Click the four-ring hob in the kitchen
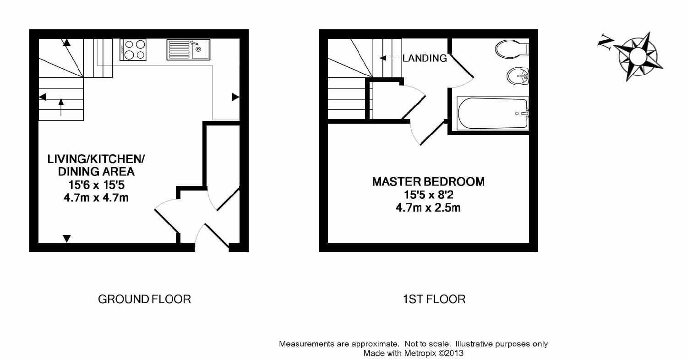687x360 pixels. [x=133, y=49]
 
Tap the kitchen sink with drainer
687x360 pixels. [x=188, y=49]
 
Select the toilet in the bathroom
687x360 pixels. [x=512, y=49]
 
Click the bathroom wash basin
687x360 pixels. [x=518, y=76]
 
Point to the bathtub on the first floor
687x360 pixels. [x=493, y=114]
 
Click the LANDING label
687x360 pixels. [x=425, y=58]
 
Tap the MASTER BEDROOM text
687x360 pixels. [x=428, y=181]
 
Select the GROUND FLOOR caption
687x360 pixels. [x=144, y=299]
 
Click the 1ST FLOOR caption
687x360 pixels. [x=434, y=299]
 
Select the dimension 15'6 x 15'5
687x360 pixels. [x=96, y=185]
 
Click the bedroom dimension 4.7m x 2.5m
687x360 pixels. [x=428, y=207]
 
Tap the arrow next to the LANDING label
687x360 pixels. [x=388, y=58]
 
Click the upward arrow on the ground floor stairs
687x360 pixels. [x=61, y=107]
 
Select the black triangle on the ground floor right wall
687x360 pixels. [x=235, y=97]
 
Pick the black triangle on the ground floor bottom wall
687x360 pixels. [x=66, y=238]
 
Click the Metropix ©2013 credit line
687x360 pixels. [x=414, y=353]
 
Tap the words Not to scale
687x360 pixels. [x=427, y=344]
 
